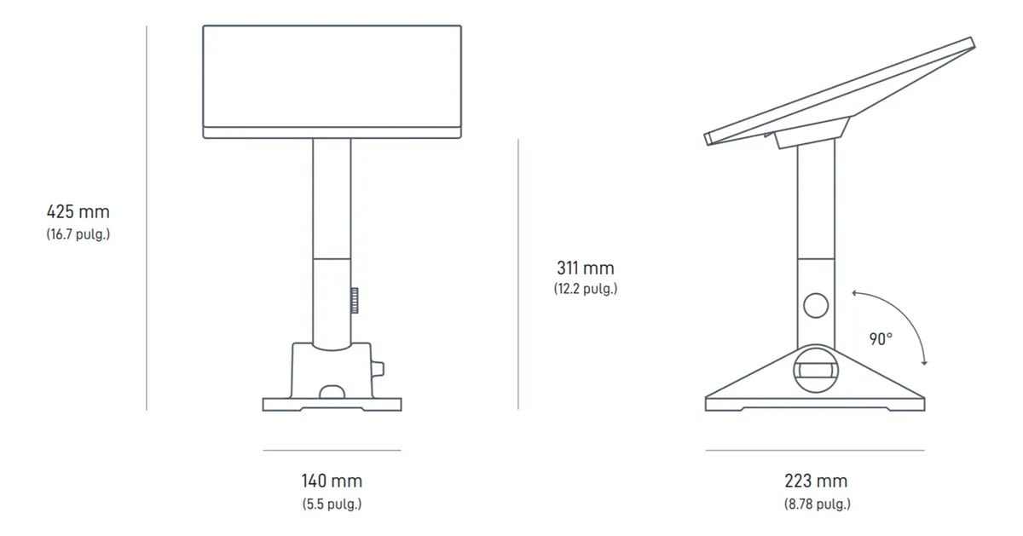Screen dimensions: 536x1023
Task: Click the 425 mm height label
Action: [78, 211]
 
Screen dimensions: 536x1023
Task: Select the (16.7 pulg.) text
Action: [78, 234]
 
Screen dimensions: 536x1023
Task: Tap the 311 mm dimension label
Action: [585, 268]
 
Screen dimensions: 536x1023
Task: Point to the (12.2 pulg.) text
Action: [585, 289]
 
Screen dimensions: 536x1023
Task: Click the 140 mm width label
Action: [332, 481]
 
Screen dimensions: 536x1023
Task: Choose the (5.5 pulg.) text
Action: [332, 504]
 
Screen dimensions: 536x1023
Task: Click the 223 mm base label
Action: [816, 481]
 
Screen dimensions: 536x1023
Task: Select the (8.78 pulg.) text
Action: [817, 504]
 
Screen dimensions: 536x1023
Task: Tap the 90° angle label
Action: [881, 339]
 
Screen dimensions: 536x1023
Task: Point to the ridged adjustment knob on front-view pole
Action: [353, 301]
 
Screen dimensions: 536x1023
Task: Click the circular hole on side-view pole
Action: [816, 305]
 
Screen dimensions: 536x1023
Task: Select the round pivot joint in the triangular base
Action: [816, 367]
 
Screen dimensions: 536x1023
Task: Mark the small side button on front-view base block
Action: [378, 369]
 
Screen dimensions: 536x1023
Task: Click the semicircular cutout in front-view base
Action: [332, 393]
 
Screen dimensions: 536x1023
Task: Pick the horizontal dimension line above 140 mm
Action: [332, 450]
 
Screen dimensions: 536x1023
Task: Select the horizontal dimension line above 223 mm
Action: [815, 450]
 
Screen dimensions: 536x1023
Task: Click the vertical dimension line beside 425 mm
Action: [147, 217]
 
